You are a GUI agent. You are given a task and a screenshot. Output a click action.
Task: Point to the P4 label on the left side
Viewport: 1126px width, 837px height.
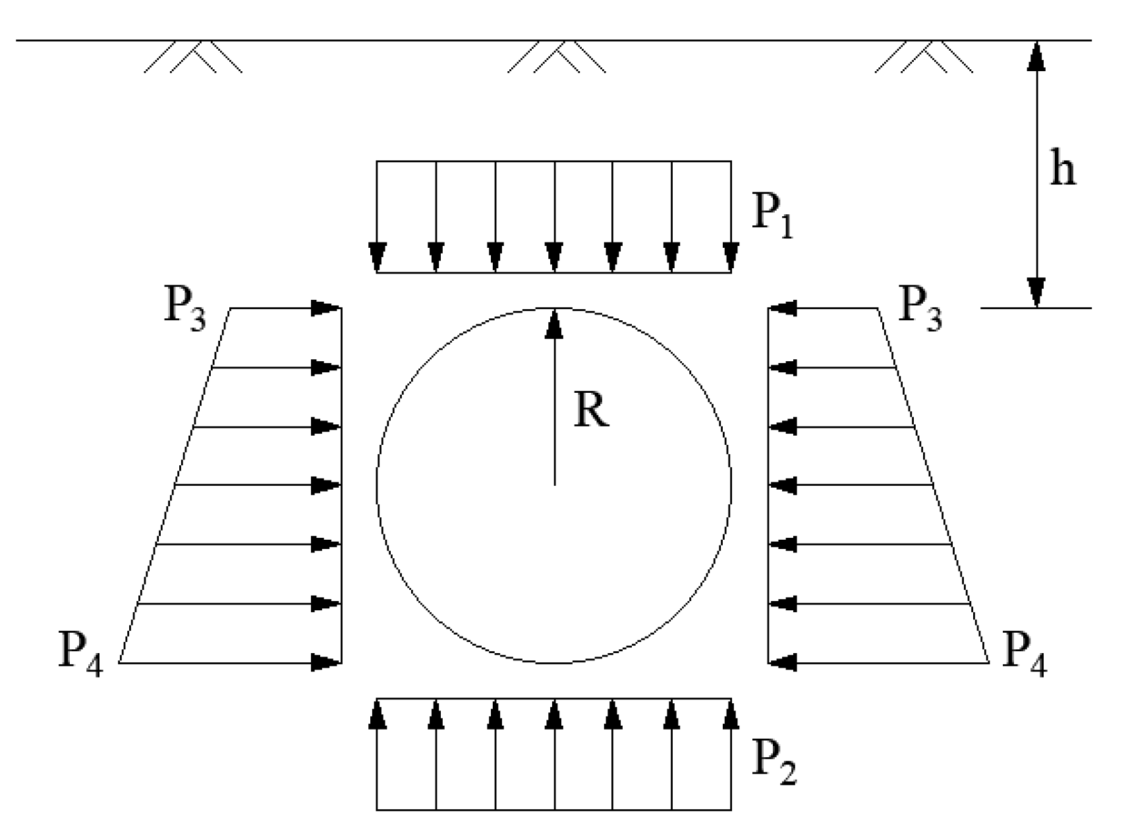coord(80,655)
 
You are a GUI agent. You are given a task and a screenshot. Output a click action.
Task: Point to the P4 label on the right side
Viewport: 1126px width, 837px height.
coord(1024,655)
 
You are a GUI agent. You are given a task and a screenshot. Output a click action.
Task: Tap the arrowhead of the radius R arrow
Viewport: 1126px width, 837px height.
coord(554,323)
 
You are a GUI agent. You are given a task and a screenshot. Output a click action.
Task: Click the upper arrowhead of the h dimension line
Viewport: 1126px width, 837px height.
coord(1036,56)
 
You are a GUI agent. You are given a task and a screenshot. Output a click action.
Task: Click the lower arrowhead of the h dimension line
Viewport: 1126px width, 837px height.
coord(1036,293)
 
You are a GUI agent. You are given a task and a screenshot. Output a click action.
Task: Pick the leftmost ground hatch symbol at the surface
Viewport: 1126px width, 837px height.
coord(192,57)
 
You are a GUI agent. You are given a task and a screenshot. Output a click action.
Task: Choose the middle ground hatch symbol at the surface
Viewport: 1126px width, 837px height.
coord(557,57)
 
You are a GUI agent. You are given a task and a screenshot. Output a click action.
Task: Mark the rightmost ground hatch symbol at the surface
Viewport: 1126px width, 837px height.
coord(924,57)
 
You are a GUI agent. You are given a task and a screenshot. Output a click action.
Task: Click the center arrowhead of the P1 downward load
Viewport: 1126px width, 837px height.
coord(554,257)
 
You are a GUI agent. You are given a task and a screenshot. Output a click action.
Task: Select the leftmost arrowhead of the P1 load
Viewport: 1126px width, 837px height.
coord(377,257)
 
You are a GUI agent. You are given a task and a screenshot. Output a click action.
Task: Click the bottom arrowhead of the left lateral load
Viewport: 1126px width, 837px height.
coord(325,662)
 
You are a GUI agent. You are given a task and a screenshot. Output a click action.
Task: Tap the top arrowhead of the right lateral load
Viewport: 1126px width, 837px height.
coord(783,308)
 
